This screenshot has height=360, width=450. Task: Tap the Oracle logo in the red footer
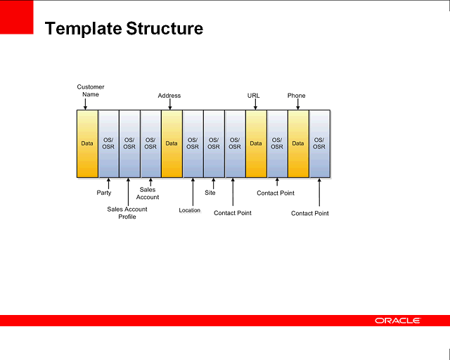point(397,321)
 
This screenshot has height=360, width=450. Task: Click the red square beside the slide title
point(17,17)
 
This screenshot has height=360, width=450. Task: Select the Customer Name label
point(91,91)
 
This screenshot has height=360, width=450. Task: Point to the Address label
point(169,96)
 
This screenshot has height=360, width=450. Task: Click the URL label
point(254,96)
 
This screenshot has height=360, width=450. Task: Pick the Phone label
point(297,96)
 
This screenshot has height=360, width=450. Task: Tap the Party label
point(104,193)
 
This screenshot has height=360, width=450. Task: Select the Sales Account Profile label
point(127,212)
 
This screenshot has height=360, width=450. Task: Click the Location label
point(190,210)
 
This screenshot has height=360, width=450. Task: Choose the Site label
point(210,193)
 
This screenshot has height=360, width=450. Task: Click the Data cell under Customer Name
point(87,143)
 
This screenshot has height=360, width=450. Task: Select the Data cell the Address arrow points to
point(172,143)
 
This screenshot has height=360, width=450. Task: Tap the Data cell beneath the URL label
point(256,143)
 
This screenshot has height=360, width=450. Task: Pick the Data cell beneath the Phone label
point(298,143)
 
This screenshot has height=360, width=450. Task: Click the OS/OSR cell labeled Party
point(108,143)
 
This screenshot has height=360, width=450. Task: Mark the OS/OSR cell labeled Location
point(193,143)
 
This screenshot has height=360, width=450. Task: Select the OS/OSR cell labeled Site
point(214,143)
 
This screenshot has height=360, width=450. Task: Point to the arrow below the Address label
point(169,104)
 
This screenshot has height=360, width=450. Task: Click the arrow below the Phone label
point(297,104)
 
